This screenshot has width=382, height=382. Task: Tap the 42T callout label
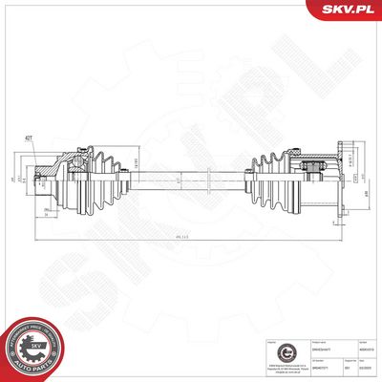click(x=30, y=138)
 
